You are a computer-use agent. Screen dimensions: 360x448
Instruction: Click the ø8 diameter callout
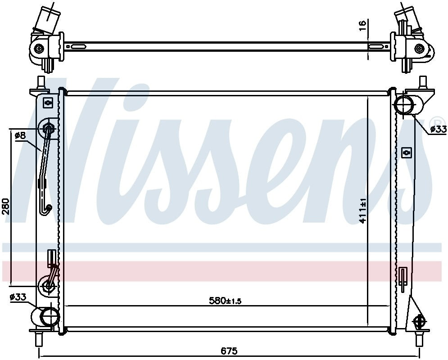coord(20,135)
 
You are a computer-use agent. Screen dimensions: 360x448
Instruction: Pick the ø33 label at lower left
coord(18,297)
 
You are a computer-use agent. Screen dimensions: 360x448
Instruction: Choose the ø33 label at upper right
coord(439,129)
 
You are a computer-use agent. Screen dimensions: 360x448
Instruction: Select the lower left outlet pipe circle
coord(49,316)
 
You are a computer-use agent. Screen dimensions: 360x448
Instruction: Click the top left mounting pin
coord(41,82)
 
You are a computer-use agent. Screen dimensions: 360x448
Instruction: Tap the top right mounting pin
coord(423,82)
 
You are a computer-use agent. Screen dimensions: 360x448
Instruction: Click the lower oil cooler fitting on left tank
coord(48,285)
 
